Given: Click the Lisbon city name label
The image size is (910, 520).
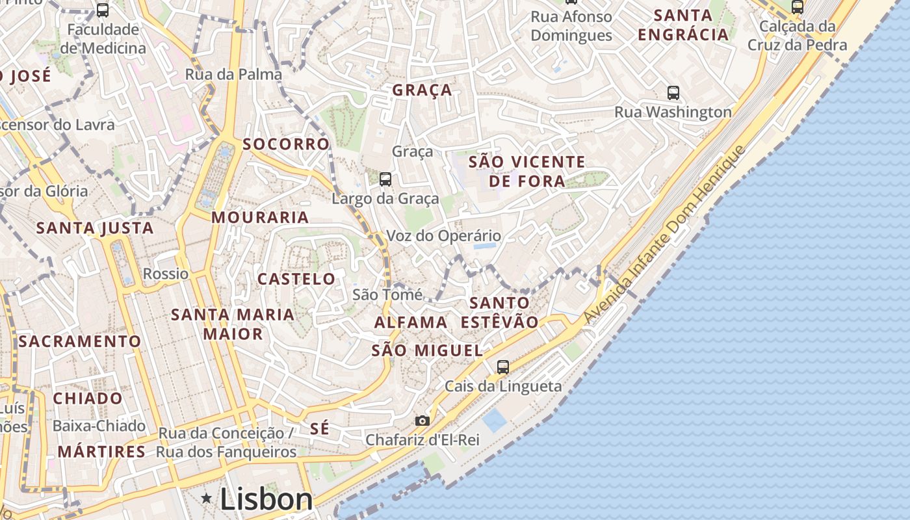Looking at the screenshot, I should [x=266, y=499].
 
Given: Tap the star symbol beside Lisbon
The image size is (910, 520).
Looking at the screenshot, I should [x=207, y=499].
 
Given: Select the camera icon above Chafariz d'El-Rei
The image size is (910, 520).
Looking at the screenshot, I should [x=422, y=421].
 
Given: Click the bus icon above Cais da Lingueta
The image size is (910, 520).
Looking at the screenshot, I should [x=502, y=367].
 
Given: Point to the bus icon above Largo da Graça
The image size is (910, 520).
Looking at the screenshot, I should [x=385, y=179].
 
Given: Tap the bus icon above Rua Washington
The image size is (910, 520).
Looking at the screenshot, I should [x=673, y=93].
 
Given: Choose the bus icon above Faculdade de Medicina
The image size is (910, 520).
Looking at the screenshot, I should [x=103, y=10].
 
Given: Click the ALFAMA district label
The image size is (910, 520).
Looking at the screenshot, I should [x=411, y=322].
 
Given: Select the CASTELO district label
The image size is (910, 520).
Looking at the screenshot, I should [x=296, y=279].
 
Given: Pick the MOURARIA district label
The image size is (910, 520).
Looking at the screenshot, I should [x=260, y=218].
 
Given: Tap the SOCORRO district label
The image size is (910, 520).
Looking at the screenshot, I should [x=287, y=144].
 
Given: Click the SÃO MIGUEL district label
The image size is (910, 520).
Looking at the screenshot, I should [x=427, y=351].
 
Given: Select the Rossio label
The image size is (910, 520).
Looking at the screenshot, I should [x=166, y=274].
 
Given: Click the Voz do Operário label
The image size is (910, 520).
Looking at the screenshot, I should [x=443, y=236].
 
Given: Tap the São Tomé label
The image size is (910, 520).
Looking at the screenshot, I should [x=387, y=294].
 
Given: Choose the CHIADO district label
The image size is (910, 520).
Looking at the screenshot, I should [x=88, y=398].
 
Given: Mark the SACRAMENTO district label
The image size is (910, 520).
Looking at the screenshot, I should [x=79, y=341].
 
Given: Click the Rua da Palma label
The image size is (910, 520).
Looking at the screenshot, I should [x=234, y=74].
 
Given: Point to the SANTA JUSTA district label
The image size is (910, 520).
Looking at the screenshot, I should [x=95, y=228].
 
